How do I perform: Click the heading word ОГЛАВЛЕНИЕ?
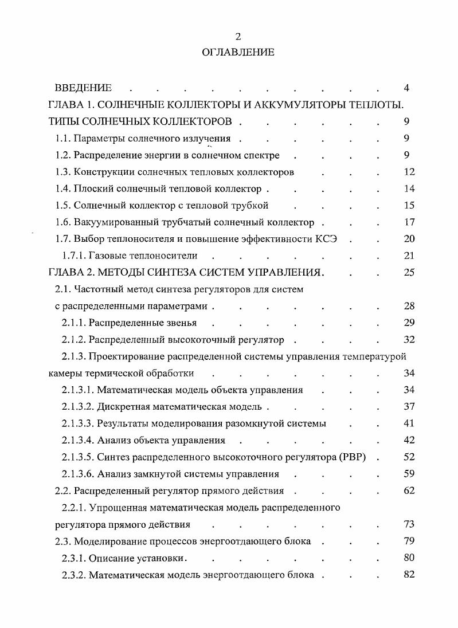click(238, 52)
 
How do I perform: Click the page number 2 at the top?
click(238, 37)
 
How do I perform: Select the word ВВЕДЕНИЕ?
click(83, 88)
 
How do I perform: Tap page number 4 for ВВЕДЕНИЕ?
click(406, 88)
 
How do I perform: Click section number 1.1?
click(62, 138)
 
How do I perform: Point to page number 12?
click(409, 172)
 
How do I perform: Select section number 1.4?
click(62, 189)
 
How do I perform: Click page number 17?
click(409, 222)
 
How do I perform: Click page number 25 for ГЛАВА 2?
click(409, 272)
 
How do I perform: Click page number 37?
click(409, 407)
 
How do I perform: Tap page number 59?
click(409, 474)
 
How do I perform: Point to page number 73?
click(409, 524)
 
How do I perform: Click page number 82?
click(409, 575)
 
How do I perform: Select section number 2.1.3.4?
click(78, 441)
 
